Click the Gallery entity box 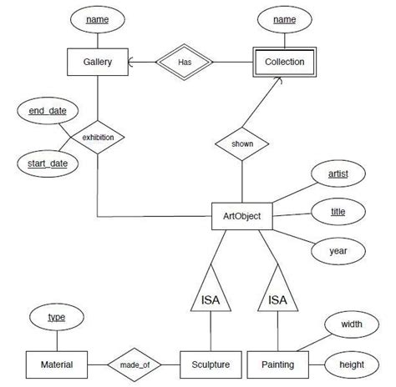pyautogui.click(x=97, y=62)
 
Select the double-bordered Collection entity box pyautogui.click(x=284, y=62)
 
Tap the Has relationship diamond pyautogui.click(x=191, y=62)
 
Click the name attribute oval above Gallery pyautogui.click(x=97, y=18)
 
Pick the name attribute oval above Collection pyautogui.click(x=284, y=18)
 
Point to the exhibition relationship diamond pyautogui.click(x=97, y=137)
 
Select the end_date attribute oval pyautogui.click(x=48, y=111)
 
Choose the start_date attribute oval pyautogui.click(x=48, y=163)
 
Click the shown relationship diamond pyautogui.click(x=242, y=143)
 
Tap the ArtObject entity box pyautogui.click(x=242, y=217)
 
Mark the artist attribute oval pyautogui.click(x=338, y=173)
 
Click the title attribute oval pyautogui.click(x=338, y=212)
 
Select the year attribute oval pyautogui.click(x=338, y=249)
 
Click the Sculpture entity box pyautogui.click(x=211, y=364)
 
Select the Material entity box pyautogui.click(x=56, y=364)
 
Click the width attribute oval pyautogui.click(x=351, y=324)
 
